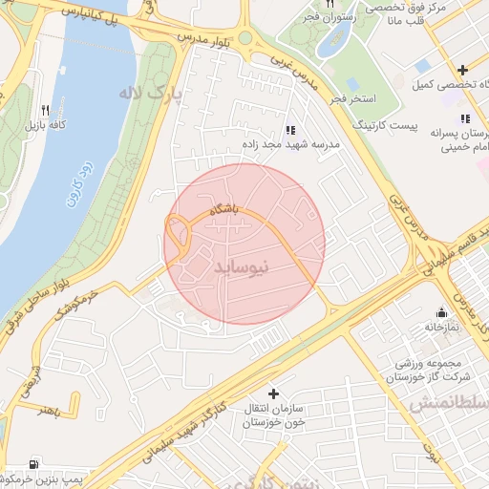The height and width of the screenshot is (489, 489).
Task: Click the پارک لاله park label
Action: [x=150, y=94]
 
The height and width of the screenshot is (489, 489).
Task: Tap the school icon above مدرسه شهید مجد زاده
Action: [x=290, y=130]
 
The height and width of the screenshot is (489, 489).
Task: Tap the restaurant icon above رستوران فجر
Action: [x=331, y=3]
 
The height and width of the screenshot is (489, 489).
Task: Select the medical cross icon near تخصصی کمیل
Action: [x=463, y=70]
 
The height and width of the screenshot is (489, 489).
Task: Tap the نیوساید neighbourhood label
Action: [x=245, y=269]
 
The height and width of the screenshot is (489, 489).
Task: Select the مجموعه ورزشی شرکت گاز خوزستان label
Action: [x=422, y=371]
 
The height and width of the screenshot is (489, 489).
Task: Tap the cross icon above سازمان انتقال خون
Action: [x=274, y=393]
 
